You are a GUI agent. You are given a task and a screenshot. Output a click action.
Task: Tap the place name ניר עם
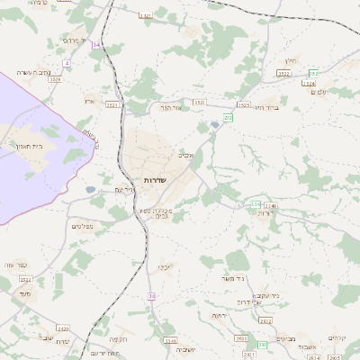124,190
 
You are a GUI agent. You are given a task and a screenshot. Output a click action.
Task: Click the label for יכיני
165,267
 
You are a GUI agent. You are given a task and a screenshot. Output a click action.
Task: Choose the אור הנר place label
171,107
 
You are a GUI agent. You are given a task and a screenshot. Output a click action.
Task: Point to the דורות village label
265,214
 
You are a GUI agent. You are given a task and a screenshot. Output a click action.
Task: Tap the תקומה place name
118,339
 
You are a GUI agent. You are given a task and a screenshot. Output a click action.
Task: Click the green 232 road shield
229,117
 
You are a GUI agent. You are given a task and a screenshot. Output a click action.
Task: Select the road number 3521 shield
112,105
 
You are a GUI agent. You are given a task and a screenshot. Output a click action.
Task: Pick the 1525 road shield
243,105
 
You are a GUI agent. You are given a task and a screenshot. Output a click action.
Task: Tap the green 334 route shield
256,206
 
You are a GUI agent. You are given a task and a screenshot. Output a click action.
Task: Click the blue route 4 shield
67,63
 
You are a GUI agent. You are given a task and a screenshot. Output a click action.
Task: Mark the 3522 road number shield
284,74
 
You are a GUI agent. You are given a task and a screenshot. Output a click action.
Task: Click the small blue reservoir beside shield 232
213,124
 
